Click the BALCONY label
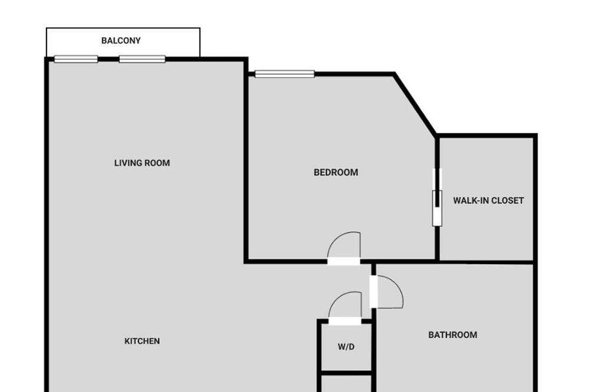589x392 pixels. pyautogui.click(x=121, y=41)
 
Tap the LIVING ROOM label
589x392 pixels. pyautogui.click(x=142, y=163)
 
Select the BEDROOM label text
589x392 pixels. pyautogui.click(x=336, y=172)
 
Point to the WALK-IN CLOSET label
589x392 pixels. pyautogui.click(x=488, y=201)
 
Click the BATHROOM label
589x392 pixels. pyautogui.click(x=452, y=335)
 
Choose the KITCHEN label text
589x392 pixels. pyautogui.click(x=142, y=341)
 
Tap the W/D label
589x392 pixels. pyautogui.click(x=346, y=347)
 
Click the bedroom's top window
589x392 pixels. pyautogui.click(x=284, y=74)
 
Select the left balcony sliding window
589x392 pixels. pyautogui.click(x=76, y=59)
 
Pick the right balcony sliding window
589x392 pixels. pyautogui.click(x=142, y=59)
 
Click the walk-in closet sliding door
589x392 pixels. pyautogui.click(x=437, y=197)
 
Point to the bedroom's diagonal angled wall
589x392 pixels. pyautogui.click(x=415, y=104)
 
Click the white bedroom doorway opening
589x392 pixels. pyautogui.click(x=344, y=261)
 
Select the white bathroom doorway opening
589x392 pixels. pyautogui.click(x=373, y=292)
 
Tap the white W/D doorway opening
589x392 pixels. pyautogui.click(x=345, y=321)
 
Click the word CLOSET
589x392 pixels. pyautogui.click(x=506, y=201)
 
